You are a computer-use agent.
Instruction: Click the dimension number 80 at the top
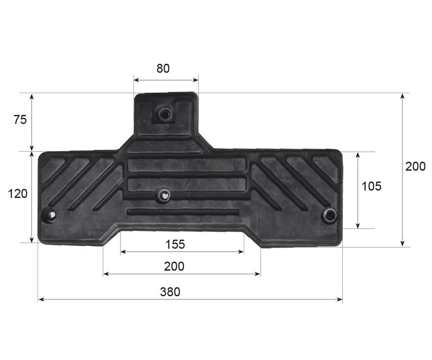(163, 68)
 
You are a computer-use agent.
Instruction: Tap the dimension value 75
(20, 120)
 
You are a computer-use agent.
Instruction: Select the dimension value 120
(18, 193)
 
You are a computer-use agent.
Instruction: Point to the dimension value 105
(372, 186)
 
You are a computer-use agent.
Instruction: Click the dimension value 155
(175, 244)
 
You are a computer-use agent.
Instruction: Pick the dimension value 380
(170, 292)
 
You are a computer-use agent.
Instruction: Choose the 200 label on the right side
(416, 167)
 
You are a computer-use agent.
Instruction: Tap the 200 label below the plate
(174, 266)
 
